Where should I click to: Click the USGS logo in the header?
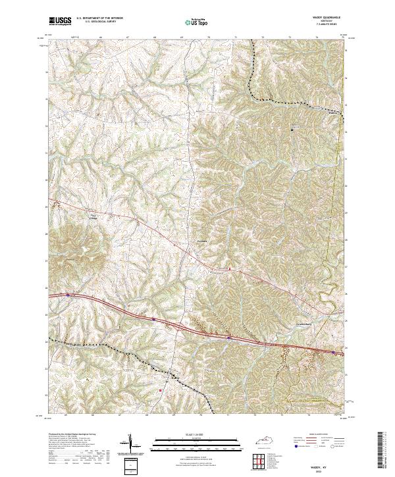60,20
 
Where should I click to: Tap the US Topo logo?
190,21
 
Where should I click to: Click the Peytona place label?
202,241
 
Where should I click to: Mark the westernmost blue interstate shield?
68,295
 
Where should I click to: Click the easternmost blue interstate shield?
334,352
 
